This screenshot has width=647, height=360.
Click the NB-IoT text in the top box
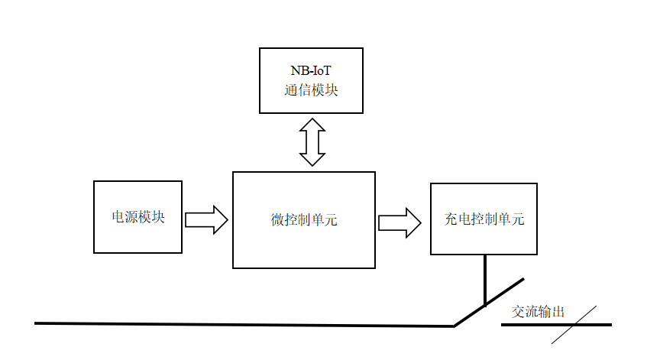[x=310, y=71]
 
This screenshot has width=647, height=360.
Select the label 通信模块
[x=310, y=90]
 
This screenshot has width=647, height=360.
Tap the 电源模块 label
[x=138, y=217]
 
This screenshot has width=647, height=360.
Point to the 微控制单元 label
[x=304, y=220]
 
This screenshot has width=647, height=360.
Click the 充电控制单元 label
[x=484, y=219]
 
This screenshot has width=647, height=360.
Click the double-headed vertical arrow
[x=312, y=142]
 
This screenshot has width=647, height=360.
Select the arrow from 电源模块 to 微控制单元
[x=206, y=219]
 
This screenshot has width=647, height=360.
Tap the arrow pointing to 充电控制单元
[x=400, y=222]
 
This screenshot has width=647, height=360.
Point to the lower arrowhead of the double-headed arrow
[x=312, y=161]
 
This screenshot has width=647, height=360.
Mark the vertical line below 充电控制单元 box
[x=484, y=280]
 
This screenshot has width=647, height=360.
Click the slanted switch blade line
[x=489, y=303]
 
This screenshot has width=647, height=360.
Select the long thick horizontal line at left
[x=244, y=325]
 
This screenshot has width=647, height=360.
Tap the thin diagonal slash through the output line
[x=574, y=325]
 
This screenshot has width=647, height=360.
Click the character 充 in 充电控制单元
[x=451, y=219]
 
